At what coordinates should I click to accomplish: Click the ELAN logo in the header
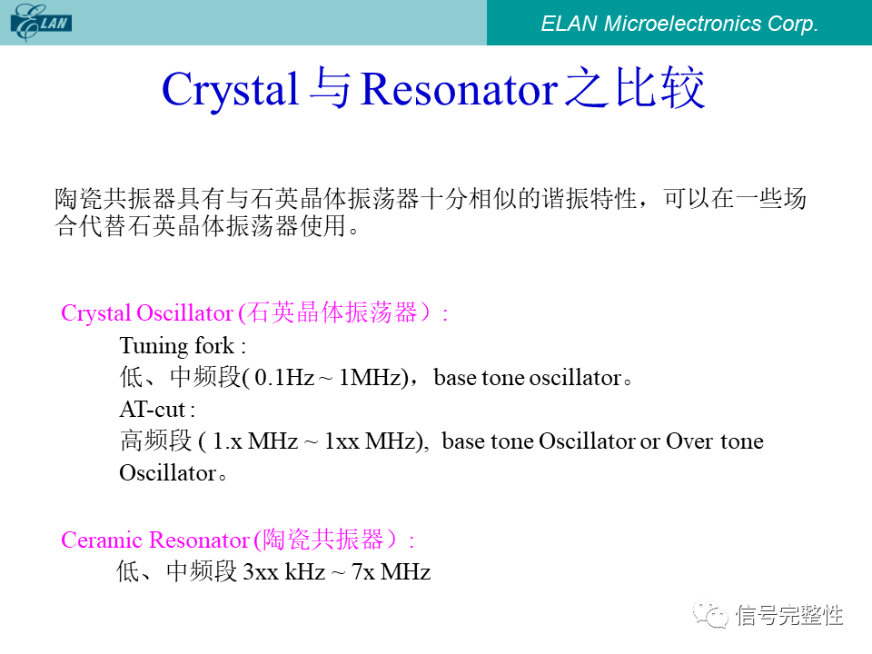(42, 22)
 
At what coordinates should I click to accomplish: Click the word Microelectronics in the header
(682, 24)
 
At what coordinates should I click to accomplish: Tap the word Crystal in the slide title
(230, 90)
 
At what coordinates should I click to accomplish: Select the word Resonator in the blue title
(459, 90)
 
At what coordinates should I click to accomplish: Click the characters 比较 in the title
(660, 88)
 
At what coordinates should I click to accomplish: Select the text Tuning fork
(177, 346)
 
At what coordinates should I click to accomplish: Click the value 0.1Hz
(284, 378)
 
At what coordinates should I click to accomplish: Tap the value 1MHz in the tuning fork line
(371, 378)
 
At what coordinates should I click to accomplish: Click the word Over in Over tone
(689, 441)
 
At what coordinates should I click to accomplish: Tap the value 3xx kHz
(284, 571)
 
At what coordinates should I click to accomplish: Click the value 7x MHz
(391, 571)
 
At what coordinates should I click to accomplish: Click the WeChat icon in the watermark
(710, 614)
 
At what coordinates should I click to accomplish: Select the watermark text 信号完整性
(789, 615)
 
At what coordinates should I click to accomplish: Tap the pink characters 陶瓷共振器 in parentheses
(322, 540)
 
